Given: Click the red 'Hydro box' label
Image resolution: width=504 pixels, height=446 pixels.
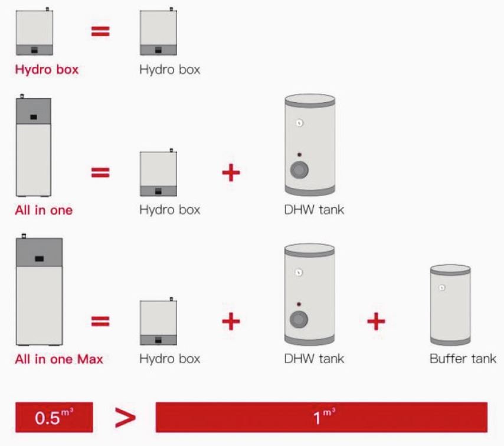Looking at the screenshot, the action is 47,70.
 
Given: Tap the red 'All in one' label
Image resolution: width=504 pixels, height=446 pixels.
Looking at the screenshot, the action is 44,210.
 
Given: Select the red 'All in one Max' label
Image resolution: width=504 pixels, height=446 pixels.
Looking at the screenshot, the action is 59,359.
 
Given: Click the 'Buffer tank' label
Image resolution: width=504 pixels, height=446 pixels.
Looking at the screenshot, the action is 463,359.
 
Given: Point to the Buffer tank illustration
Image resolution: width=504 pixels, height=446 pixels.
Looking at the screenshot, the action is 450,304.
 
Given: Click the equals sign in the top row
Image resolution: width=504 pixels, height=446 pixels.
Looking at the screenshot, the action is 100,31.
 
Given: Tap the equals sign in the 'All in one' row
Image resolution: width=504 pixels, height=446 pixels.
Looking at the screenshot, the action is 100,172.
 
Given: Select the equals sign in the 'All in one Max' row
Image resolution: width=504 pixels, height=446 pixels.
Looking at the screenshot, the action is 100,321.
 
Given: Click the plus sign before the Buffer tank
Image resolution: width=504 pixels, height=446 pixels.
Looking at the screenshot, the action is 376,321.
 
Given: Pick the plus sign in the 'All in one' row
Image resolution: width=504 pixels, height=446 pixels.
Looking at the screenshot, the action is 231,172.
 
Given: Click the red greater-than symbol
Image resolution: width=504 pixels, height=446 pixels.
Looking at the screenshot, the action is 125,418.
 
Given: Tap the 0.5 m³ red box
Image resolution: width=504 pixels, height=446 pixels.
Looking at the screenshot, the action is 54,418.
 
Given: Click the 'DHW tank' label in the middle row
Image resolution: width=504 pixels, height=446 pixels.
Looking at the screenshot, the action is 314,210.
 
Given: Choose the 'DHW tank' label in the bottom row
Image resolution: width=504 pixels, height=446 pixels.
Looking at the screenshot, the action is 314,359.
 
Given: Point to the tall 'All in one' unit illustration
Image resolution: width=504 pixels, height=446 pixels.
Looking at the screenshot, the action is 34,145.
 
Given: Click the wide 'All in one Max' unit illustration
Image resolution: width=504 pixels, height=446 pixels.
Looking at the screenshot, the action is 39,289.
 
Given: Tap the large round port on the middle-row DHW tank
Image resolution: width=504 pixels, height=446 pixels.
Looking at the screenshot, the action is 299,170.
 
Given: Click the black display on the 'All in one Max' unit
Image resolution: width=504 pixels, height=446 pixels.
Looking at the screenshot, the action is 39,259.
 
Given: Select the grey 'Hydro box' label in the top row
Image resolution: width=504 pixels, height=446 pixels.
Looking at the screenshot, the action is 170,70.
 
